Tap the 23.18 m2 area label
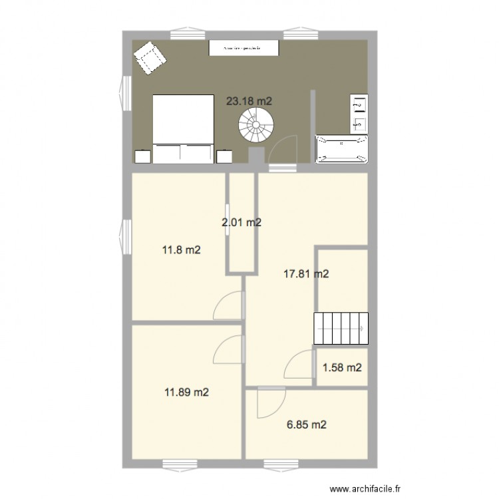coord(249,101)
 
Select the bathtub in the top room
coord(342,149)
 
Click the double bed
coord(183,128)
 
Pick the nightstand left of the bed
coord(143,156)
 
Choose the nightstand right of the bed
coord(224,156)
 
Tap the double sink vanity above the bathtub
coord(359,113)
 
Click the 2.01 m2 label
coord(242,223)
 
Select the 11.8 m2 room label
coord(182,251)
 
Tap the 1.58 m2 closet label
coord(342,367)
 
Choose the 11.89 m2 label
coord(187,393)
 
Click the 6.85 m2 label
coord(306,424)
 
